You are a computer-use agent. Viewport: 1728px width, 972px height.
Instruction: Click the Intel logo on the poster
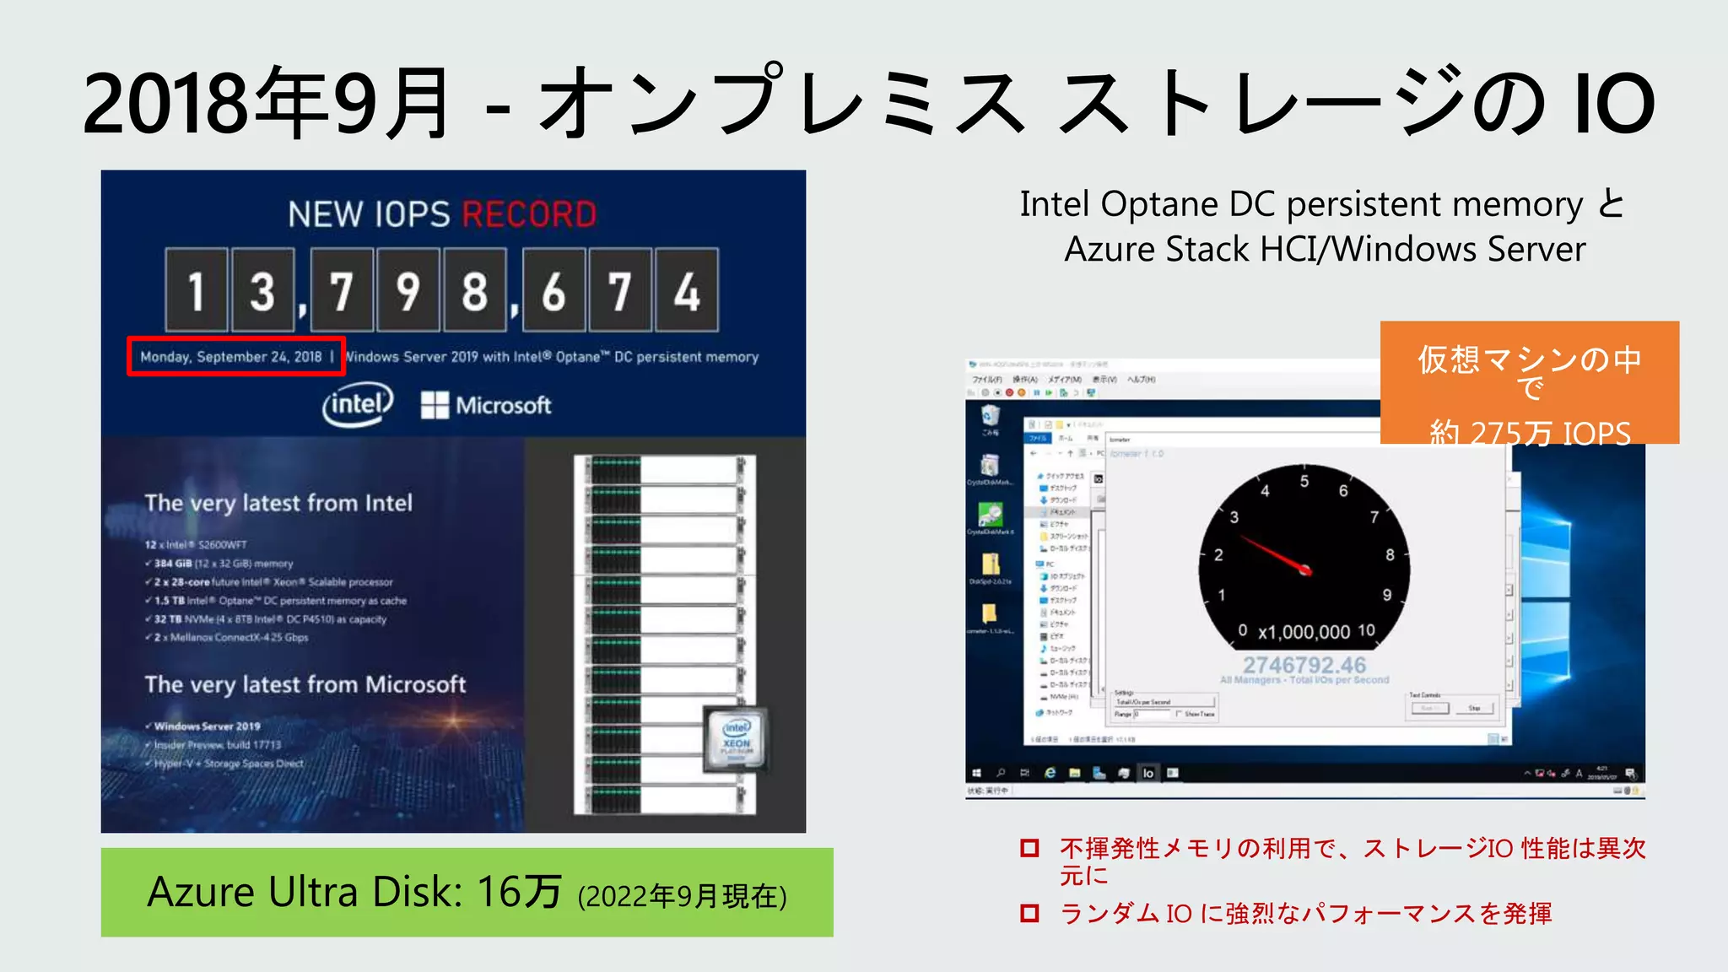click(358, 405)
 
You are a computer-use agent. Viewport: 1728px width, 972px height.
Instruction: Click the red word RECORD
click(529, 214)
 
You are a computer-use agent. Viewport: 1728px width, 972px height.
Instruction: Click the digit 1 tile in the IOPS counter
click(197, 291)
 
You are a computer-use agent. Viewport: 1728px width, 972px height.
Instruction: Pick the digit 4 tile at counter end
click(687, 291)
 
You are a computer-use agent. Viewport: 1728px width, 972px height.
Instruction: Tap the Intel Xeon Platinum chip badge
click(736, 739)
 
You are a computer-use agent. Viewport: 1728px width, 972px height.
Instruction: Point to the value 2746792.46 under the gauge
click(1304, 665)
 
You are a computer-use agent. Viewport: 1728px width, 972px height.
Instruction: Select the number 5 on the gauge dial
click(1304, 481)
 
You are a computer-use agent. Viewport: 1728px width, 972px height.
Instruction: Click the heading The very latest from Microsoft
click(305, 684)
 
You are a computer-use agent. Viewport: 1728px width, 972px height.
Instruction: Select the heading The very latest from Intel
click(278, 503)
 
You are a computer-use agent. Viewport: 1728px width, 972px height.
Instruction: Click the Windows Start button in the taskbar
click(977, 773)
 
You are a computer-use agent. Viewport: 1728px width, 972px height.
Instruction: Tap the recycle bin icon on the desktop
click(991, 415)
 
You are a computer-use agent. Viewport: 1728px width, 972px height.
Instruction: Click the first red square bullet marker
click(1029, 848)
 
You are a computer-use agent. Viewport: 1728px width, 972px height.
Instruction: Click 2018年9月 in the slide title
click(267, 105)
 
